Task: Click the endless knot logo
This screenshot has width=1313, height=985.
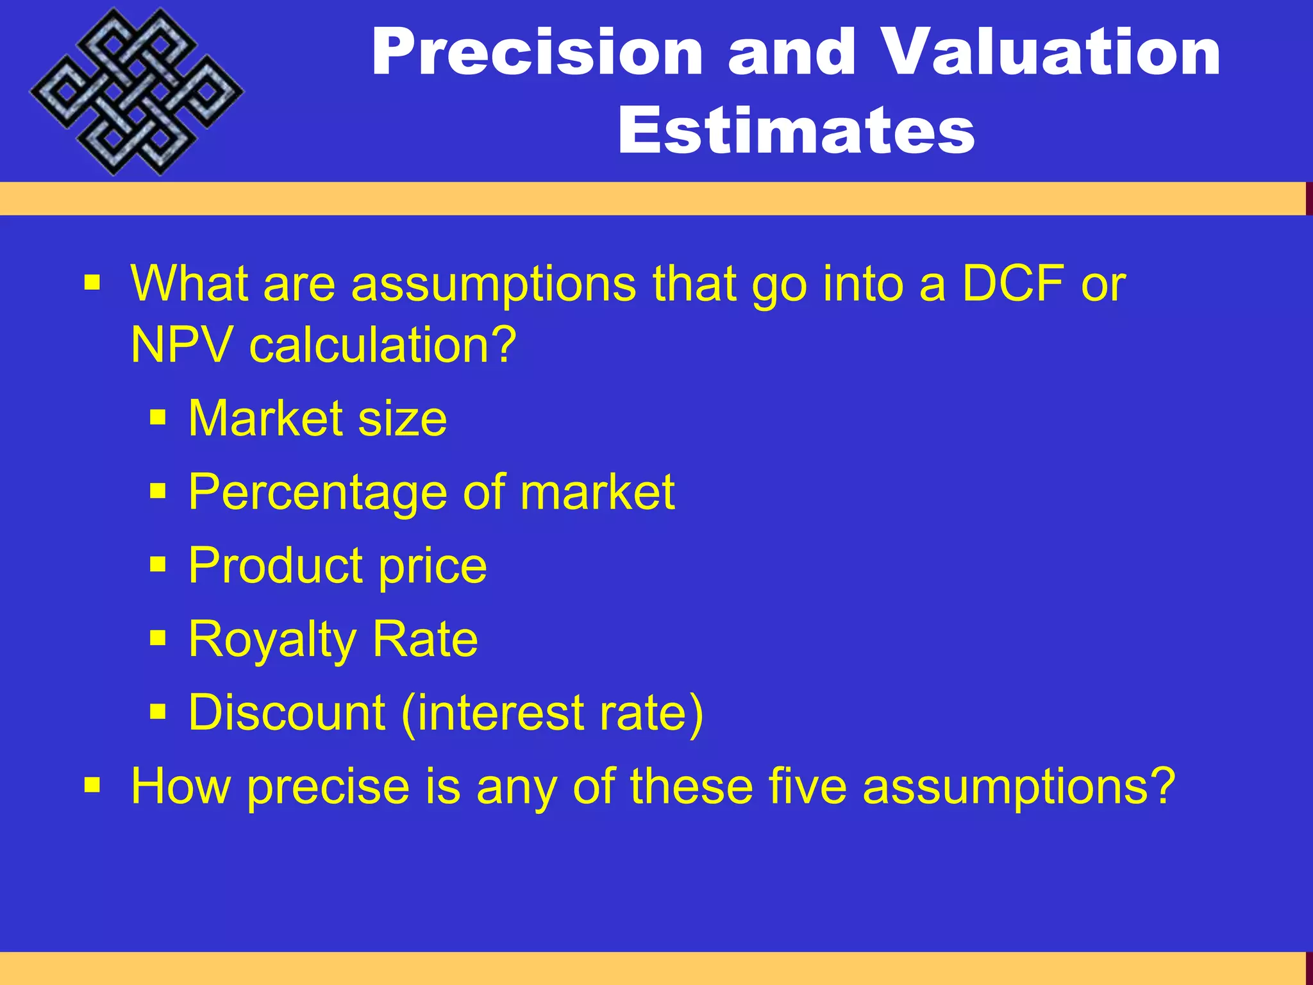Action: coord(136,92)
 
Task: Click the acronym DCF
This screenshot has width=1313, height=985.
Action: coord(1013,283)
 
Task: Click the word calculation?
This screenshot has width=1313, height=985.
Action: coord(383,344)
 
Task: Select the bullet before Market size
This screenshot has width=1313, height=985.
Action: coord(158,419)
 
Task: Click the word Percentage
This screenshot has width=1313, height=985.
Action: coord(317,492)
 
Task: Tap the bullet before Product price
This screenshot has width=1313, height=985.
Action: coord(158,565)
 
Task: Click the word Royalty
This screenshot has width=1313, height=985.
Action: coord(272,640)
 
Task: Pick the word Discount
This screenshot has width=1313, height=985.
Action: coord(287,712)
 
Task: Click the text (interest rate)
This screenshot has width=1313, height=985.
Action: coord(552,712)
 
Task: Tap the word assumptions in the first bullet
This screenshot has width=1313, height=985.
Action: coord(494,283)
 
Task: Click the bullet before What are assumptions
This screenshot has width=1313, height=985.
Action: coord(92,282)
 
